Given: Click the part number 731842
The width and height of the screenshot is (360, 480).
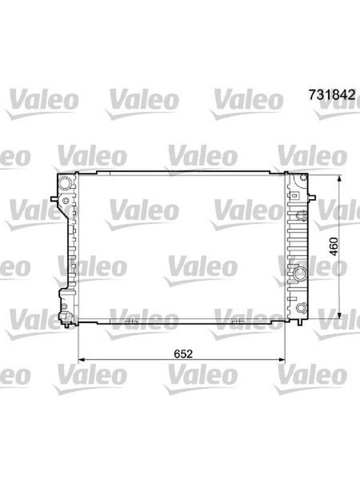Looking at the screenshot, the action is pos(332,95).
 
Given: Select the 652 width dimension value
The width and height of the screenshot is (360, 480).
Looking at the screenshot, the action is pos(184,354).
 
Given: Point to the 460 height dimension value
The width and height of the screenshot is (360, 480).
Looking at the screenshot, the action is pos(334,247).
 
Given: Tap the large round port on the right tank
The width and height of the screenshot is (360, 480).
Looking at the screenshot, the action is pos(301,272).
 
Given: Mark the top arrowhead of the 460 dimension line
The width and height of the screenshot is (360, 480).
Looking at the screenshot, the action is pos(339,179).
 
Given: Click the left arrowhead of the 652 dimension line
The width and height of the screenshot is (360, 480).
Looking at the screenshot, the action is pos(82,359).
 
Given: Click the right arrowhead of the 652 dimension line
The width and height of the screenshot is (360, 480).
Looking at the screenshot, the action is pos(281,359).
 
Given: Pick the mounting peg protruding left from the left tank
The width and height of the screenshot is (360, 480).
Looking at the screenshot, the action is pos(54,199).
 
